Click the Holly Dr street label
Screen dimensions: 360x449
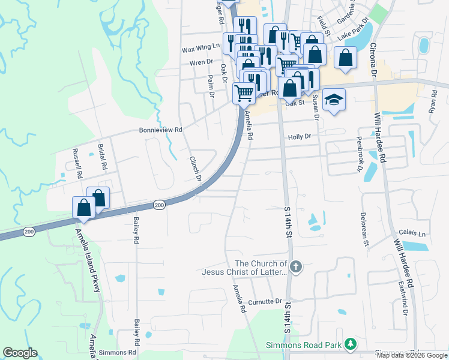[299, 137]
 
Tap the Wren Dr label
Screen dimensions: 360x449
[201, 62]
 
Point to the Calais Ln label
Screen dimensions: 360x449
[412, 233]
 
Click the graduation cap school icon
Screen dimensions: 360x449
[334, 100]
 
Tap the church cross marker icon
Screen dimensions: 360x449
[295, 266]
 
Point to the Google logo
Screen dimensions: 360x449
[20, 353]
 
